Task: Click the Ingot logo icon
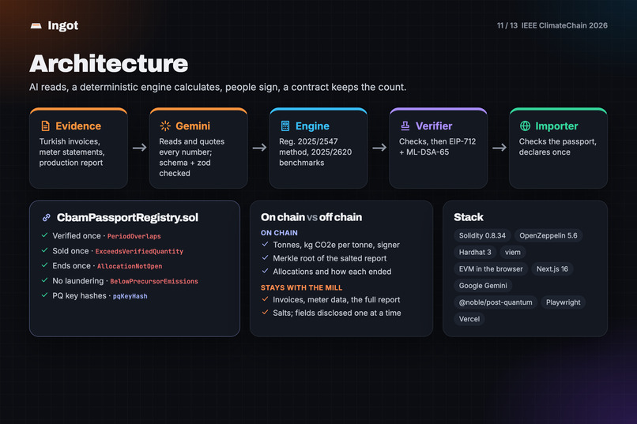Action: (36, 25)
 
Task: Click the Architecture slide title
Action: (108, 64)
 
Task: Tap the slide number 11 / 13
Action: (507, 25)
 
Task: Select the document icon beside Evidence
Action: (46, 126)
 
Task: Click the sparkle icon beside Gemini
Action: (165, 126)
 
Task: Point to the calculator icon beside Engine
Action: (285, 126)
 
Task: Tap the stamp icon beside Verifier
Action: (405, 126)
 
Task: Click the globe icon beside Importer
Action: (525, 126)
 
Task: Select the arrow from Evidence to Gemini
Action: (139, 148)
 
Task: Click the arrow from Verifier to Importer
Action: (499, 148)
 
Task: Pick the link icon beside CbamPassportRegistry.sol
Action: (47, 217)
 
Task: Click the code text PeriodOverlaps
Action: (134, 236)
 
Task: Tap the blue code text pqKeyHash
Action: (130, 296)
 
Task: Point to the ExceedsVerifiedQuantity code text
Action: (139, 252)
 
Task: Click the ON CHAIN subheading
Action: (279, 233)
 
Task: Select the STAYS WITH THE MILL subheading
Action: (301, 287)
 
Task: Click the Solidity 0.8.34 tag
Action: (482, 236)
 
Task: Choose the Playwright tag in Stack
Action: (563, 302)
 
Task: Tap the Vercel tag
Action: (469, 319)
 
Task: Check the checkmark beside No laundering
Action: (45, 280)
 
